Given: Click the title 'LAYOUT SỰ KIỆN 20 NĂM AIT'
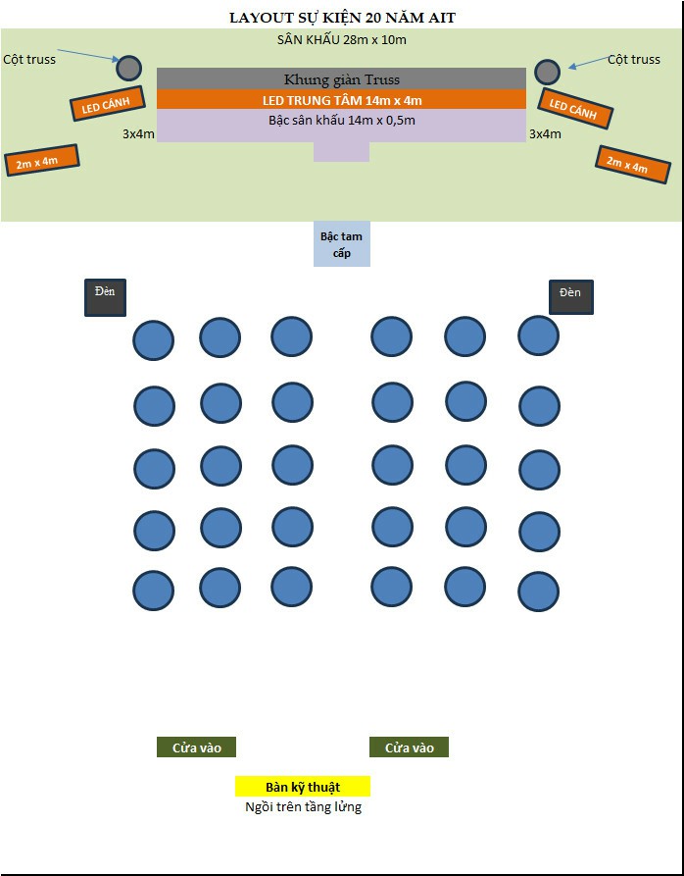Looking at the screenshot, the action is (x=342, y=18).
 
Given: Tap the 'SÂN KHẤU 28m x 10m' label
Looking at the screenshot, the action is (x=341, y=40).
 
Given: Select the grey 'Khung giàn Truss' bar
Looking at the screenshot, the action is (x=341, y=78).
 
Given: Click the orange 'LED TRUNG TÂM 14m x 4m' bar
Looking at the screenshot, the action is (x=341, y=99).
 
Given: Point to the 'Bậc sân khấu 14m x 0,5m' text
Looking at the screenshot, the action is (x=341, y=120).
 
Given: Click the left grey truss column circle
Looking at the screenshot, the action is (x=129, y=68).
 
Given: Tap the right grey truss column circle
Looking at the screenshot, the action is (x=547, y=72).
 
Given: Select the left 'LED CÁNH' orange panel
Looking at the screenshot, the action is (x=108, y=104).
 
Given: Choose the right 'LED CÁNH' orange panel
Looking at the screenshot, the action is (x=574, y=108).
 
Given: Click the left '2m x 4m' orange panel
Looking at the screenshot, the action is (x=42, y=160).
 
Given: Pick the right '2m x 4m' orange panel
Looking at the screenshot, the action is (x=633, y=165).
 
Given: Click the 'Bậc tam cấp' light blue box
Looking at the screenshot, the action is (x=341, y=244).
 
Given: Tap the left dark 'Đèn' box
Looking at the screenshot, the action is (x=105, y=298).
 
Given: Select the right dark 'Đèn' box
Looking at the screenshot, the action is (x=570, y=297).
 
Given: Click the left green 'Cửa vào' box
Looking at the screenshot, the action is (x=196, y=747).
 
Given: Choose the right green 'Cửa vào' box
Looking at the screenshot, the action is (x=409, y=747).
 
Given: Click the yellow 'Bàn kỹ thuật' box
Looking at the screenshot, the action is (x=303, y=787).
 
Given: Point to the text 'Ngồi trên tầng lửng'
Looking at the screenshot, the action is (x=303, y=807).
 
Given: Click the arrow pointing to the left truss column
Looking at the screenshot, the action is (x=88, y=55).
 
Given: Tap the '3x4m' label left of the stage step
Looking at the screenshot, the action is (x=138, y=134).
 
